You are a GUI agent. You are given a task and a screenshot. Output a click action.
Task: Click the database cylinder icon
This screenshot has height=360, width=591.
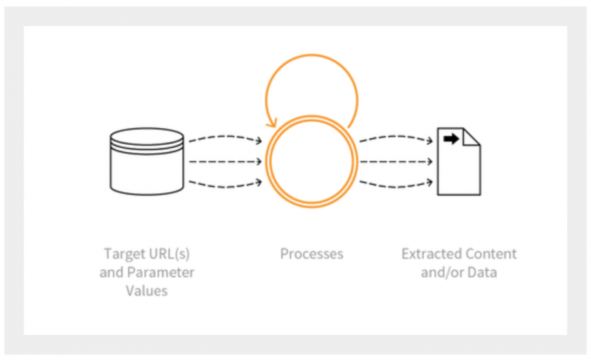coord(147,161)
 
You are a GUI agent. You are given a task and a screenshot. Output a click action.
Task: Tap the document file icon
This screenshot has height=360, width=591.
coord(459,161)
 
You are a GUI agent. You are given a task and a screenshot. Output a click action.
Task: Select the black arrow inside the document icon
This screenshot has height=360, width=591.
coord(451,139)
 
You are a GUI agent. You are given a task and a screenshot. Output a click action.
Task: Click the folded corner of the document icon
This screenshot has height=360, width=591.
coord(471,137)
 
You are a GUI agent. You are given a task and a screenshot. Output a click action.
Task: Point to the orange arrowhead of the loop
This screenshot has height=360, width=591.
coord(272,123)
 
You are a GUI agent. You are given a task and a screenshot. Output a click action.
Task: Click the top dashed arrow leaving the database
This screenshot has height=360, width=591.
coord(225,137)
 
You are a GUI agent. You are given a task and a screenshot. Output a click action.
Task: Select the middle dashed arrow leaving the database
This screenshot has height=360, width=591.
coord(225,162)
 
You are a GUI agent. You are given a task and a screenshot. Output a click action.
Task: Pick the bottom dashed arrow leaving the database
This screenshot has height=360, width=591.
coord(225,185)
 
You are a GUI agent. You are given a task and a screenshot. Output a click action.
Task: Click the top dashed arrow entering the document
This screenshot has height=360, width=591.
coord(396,137)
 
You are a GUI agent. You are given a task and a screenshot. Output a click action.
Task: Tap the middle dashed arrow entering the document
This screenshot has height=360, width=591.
coord(396,162)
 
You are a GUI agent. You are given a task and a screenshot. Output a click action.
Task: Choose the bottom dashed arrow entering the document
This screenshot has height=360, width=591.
coord(396,185)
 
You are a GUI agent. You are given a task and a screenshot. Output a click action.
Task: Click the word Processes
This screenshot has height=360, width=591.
coord(312,254)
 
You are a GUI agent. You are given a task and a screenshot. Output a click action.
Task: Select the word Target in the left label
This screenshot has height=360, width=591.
coord(123,254)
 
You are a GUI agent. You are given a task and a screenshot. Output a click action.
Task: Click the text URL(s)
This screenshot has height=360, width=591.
coord(168,254)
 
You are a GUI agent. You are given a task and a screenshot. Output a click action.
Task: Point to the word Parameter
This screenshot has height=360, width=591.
coord(161,272)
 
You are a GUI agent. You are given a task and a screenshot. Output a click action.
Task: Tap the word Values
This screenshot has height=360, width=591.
coord(146,291)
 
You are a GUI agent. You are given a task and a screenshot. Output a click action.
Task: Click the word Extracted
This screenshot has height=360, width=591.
coord(428,254)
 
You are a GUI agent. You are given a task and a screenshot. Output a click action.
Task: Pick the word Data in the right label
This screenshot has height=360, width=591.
coord(482,272)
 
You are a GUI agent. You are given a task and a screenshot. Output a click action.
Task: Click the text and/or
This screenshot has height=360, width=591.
coord(442,272)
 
